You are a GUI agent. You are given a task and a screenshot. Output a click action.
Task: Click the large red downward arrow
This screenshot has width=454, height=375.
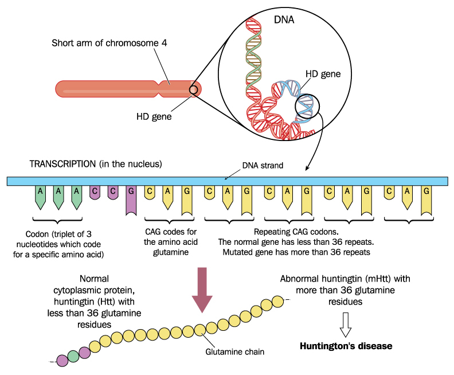(201, 290)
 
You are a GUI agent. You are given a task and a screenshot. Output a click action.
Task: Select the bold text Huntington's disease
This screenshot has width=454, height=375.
(346, 346)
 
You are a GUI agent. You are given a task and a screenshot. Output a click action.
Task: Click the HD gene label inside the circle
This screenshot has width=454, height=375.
(323, 74)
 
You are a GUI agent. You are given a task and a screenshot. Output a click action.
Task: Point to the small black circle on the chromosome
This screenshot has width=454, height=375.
(194, 89)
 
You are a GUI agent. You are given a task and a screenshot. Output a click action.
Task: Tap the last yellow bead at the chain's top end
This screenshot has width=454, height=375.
(277, 301)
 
